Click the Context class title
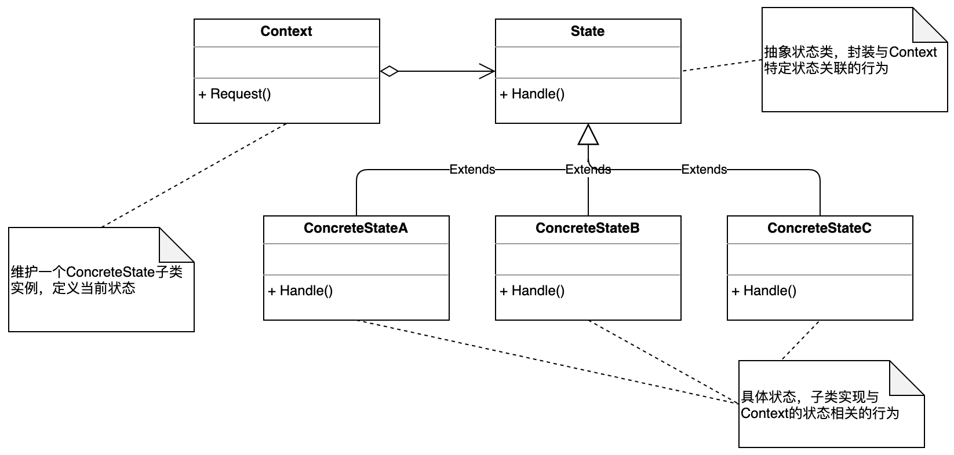(286, 31)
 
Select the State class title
(587, 31)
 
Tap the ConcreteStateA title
(356, 228)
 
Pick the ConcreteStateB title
(587, 228)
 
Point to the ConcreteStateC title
(819, 228)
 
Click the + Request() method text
(234, 94)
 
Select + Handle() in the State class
(532, 94)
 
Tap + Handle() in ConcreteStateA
(300, 291)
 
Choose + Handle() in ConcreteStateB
(532, 291)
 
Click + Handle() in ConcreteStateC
(764, 291)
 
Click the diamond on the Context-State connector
(389, 71)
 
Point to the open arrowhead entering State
(487, 71)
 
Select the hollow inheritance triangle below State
(588, 134)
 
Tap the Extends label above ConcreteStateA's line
(472, 169)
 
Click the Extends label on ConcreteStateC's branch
(704, 169)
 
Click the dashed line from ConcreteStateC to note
(800, 340)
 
